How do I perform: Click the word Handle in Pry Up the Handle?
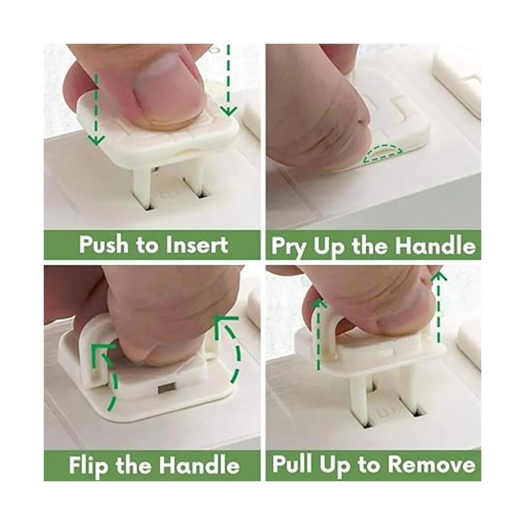435,246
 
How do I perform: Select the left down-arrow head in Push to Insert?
96,140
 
